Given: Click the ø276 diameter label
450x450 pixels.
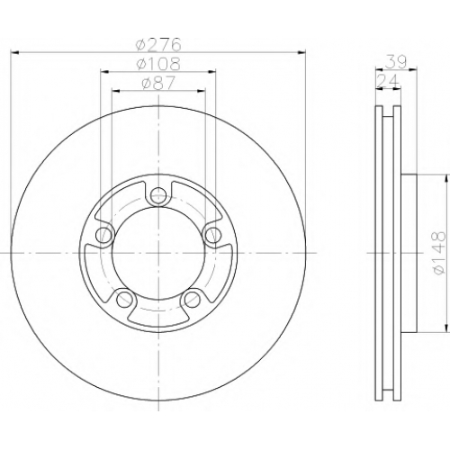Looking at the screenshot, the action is pyautogui.click(x=158, y=45).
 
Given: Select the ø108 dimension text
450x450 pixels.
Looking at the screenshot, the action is pyautogui.click(x=158, y=64).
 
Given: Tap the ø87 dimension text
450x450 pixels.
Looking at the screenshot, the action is pyautogui.click(x=158, y=83).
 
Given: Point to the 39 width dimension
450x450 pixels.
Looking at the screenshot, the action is pyautogui.click(x=396, y=61).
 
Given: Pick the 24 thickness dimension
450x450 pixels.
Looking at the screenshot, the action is pyautogui.click(x=388, y=80).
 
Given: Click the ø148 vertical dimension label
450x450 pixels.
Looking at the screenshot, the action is pyautogui.click(x=438, y=253).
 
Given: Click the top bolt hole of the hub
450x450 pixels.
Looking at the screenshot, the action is pyautogui.click(x=158, y=195).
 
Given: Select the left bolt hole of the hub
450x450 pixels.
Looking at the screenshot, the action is pyautogui.click(x=104, y=234).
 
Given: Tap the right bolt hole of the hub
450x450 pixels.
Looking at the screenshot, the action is pyautogui.click(x=212, y=234).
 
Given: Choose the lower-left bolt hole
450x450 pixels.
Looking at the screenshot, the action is pyautogui.click(x=124, y=299).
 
